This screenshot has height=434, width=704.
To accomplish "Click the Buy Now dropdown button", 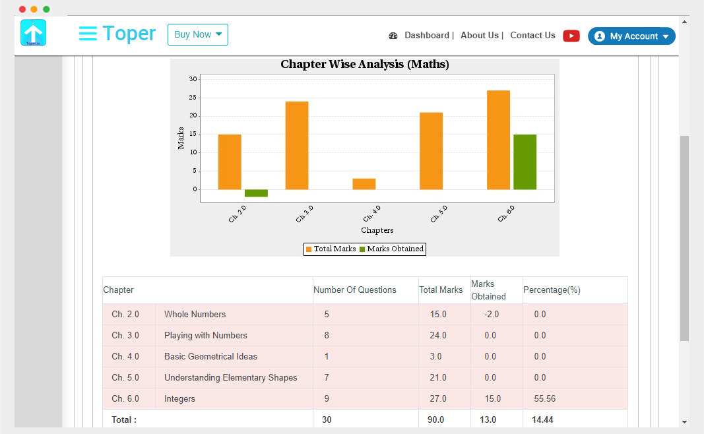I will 197,35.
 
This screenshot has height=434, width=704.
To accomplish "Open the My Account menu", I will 631,36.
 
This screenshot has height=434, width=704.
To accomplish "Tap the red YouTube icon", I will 571,36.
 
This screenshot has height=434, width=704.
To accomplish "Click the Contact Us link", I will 532,36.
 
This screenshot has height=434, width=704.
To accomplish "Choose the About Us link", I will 480,36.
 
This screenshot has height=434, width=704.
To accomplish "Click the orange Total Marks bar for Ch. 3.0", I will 297,145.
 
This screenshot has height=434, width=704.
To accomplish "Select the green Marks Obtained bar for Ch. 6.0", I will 525,162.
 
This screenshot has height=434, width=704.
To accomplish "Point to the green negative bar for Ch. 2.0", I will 256,193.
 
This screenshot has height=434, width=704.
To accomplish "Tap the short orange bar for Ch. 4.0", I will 364,184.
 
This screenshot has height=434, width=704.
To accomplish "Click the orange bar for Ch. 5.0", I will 431,151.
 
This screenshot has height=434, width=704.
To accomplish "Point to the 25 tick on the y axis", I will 193,98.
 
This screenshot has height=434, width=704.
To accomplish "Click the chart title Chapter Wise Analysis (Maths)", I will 364,65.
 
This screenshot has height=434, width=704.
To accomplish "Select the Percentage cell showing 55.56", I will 544,399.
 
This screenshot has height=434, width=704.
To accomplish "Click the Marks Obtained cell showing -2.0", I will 492,315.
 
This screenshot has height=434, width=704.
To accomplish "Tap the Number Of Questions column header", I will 355,290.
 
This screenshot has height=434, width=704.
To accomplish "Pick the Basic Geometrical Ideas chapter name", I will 210,357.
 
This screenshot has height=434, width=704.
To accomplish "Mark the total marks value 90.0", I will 437,419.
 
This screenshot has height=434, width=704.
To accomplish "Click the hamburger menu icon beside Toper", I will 88,34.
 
